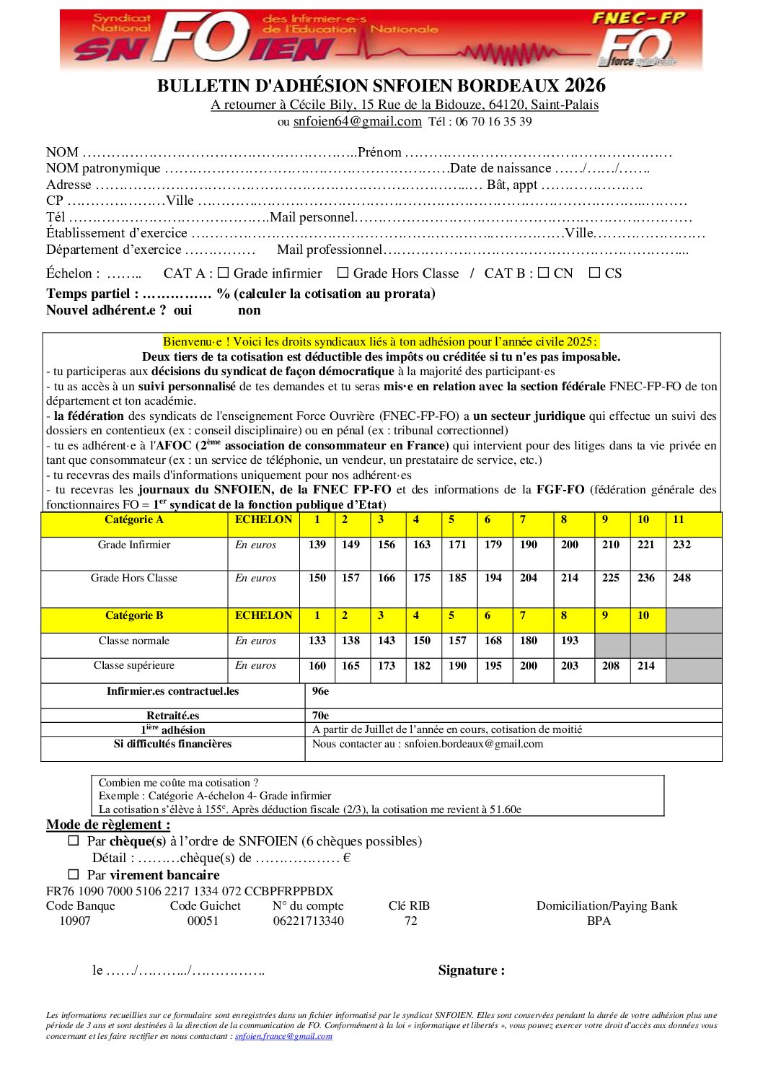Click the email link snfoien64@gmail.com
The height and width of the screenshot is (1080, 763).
357,121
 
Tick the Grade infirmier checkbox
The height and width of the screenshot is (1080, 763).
224,273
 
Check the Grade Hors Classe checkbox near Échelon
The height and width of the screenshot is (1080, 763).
343,273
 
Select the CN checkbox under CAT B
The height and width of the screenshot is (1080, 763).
544,273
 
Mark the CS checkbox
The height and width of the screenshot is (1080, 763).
595,273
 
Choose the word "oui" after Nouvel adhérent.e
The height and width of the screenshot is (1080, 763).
183,310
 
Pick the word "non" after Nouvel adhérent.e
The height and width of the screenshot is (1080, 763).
250,310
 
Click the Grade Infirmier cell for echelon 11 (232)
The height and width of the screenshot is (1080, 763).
682,545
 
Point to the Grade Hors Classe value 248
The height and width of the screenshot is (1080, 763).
682,578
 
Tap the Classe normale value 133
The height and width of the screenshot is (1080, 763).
317,641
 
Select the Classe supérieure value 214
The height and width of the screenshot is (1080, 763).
646,666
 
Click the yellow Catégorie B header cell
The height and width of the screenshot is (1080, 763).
134,616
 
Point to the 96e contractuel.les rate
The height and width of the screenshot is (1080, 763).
321,691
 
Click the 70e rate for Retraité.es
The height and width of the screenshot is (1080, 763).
321,716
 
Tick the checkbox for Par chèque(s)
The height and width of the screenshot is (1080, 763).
74,840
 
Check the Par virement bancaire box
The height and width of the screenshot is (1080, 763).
74,874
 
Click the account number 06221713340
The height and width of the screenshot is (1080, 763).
308,921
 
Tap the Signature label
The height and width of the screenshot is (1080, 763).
472,970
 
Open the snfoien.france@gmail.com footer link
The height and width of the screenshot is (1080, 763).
283,1037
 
